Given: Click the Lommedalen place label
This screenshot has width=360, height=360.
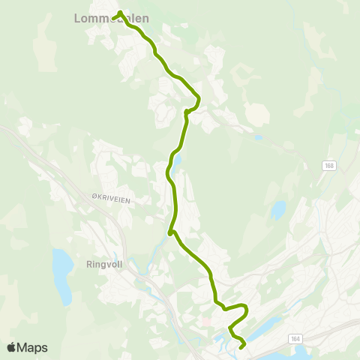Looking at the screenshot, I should [x=112, y=18].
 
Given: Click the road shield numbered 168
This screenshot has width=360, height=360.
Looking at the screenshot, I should [x=330, y=165].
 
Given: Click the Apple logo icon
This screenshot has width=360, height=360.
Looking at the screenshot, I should [x=11, y=348].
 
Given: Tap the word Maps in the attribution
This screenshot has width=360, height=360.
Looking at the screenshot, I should [x=32, y=348].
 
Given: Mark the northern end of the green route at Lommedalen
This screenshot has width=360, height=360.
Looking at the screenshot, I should [x=120, y=12].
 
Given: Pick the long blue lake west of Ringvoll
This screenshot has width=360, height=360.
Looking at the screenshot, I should [x=61, y=275].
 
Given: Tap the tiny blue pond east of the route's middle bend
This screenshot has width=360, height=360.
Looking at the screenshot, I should [x=257, y=137].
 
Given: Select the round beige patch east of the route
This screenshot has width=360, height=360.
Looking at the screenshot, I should [x=257, y=115].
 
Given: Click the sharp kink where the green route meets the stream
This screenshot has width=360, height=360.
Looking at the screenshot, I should [x=171, y=232].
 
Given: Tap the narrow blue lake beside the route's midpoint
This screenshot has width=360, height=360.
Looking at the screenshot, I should [x=177, y=160].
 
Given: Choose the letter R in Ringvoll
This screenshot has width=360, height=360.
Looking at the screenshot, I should [x=90, y=264].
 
